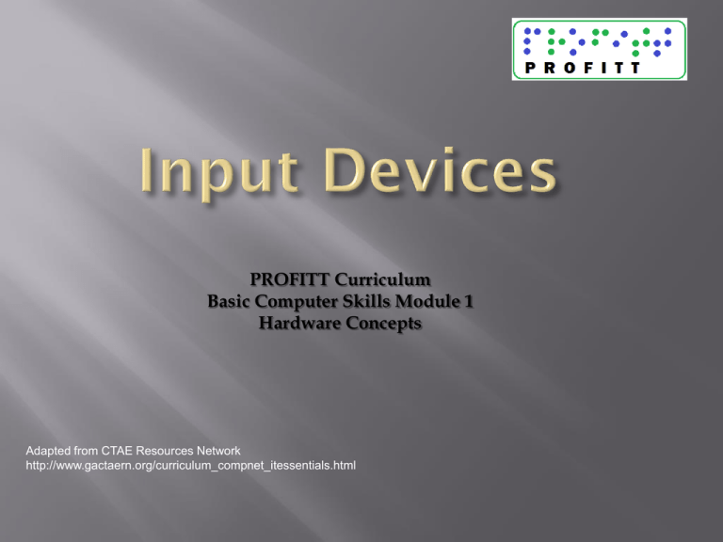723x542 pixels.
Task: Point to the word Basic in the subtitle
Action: click(x=230, y=301)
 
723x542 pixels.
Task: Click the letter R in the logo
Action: click(x=551, y=67)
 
